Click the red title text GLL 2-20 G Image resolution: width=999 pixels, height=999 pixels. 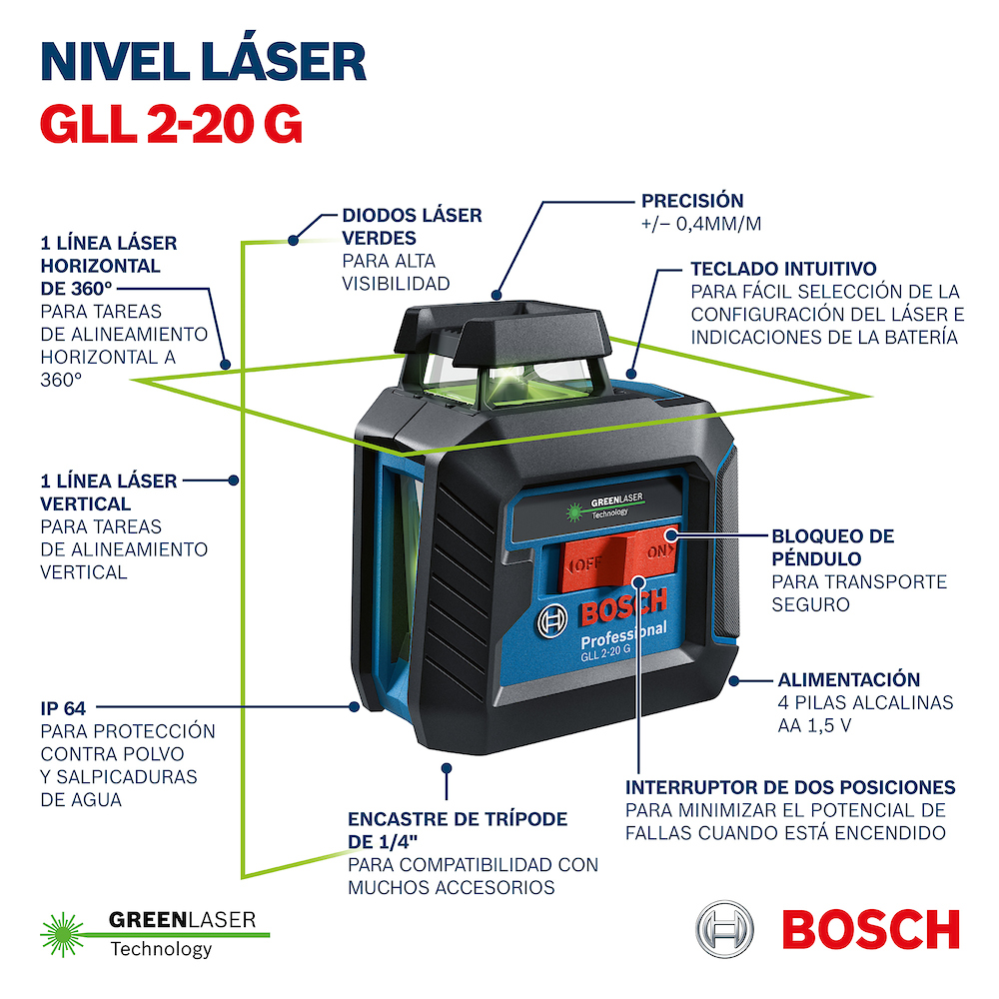171,124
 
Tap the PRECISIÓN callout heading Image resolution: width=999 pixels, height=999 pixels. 692,200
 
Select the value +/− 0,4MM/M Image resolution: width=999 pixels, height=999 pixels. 701,224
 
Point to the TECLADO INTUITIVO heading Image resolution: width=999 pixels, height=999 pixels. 783,268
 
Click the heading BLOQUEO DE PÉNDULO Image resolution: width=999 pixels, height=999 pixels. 833,547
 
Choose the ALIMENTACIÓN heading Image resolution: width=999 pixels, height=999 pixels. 848,679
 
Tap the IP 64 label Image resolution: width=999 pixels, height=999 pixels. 63,708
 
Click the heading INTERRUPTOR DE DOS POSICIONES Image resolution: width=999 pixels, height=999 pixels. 790,787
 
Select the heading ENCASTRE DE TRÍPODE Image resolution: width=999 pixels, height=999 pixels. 458,819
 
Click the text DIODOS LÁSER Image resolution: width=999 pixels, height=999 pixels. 412,216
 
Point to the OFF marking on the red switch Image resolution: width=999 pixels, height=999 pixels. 584,564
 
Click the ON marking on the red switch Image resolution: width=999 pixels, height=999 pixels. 659,551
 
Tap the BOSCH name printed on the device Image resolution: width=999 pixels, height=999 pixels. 623,606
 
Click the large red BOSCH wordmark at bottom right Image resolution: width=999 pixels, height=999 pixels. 871,929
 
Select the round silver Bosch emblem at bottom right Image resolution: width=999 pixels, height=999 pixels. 724,929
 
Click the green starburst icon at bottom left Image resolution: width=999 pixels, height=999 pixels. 62,935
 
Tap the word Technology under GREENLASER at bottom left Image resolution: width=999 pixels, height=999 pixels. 161,949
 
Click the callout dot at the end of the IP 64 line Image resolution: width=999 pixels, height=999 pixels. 355,706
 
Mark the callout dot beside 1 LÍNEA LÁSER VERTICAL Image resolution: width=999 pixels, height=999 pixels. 234,481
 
